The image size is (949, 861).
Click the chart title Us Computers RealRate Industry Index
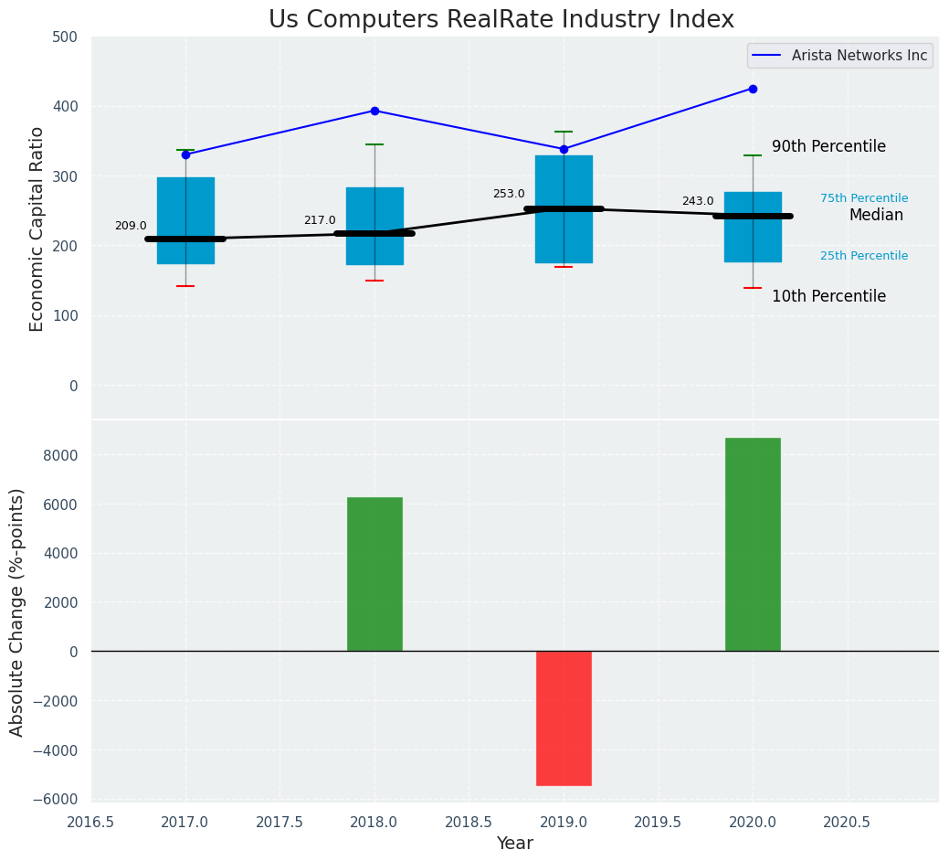[501, 20]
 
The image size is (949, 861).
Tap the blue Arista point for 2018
[374, 111]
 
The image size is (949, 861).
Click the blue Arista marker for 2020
[753, 89]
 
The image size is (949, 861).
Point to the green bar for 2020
[753, 544]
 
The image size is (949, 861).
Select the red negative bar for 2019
[564, 717]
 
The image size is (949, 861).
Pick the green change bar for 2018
[374, 574]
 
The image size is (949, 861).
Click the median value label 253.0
[509, 194]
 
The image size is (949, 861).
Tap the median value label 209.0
[131, 226]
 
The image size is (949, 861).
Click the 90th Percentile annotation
[828, 146]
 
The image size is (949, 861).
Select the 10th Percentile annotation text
[828, 296]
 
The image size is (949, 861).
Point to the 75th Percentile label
[864, 198]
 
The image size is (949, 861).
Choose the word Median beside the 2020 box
[876, 215]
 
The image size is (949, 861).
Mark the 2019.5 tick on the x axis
[658, 822]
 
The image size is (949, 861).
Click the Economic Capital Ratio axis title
[37, 229]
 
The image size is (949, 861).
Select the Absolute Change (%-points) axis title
[17, 611]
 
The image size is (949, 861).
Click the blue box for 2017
[185, 219]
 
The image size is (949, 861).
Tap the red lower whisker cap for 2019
[564, 267]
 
